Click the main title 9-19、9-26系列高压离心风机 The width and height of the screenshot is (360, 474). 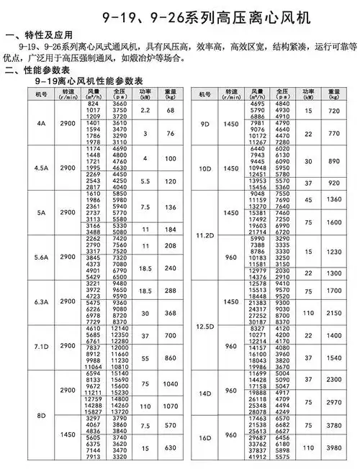click(179, 15)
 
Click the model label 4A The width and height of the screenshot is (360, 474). click(41, 123)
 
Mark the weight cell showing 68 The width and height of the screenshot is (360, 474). click(171, 110)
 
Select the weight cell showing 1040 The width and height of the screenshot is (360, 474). click(171, 385)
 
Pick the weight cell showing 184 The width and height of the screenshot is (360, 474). click(171, 229)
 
